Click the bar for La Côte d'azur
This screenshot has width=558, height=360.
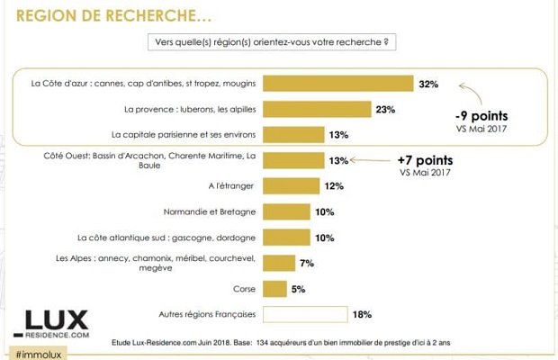click(337, 84)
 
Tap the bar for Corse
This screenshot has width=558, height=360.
click(275, 289)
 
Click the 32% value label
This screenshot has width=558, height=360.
click(427, 84)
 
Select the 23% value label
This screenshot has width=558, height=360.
click(386, 109)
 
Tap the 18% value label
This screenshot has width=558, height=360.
click(363, 314)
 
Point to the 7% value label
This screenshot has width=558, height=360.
click(308, 263)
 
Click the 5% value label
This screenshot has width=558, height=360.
click(298, 289)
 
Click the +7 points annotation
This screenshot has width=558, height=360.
click(424, 159)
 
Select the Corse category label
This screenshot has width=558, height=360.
click(244, 289)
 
